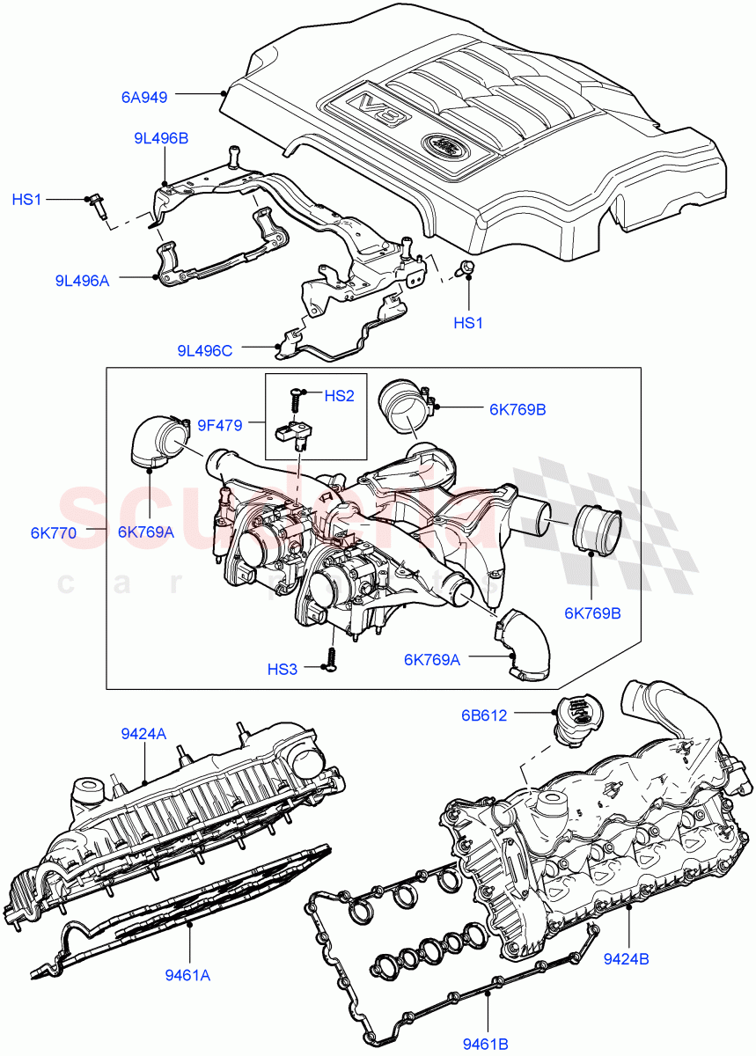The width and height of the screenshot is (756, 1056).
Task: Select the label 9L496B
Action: click(161, 138)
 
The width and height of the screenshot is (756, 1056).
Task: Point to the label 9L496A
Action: click(81, 282)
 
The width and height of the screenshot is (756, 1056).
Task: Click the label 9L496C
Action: click(204, 350)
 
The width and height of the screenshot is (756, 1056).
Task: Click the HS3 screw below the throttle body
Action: click(332, 660)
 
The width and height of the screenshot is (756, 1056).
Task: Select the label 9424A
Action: click(143, 732)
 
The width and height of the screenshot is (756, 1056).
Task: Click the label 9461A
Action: click(188, 975)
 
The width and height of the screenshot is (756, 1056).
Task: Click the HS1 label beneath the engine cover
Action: click(468, 323)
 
